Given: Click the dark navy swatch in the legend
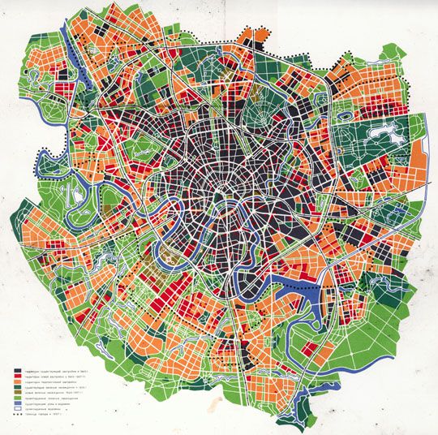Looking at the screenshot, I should pyautogui.click(x=18, y=369).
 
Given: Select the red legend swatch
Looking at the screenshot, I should pyautogui.click(x=18, y=377).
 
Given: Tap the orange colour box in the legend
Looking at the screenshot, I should pyautogui.click(x=18, y=383).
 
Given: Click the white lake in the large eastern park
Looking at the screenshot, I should pyautogui.click(x=380, y=130).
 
